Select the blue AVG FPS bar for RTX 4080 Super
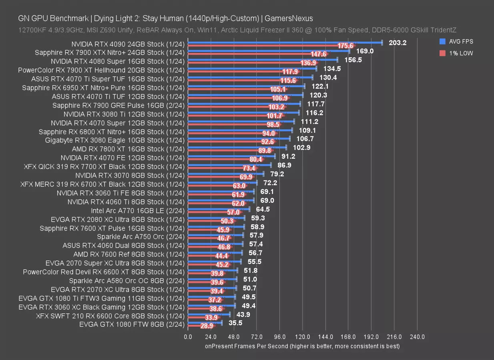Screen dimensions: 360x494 click(263, 60)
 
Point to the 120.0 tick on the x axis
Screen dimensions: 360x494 click(302, 337)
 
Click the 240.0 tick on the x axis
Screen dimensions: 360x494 click(417, 337)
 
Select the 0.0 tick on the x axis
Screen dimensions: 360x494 click(188, 337)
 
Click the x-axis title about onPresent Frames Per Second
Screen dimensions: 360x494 click(302, 346)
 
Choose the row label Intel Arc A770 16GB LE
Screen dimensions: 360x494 click(138, 210)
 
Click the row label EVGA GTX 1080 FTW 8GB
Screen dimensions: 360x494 click(132, 325)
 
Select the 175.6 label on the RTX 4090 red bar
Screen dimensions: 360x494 click(345, 46)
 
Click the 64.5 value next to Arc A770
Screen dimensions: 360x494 click(263, 209)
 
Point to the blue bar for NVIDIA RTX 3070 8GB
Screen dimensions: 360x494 click(226, 174)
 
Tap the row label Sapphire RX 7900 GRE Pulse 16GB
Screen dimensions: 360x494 click(118, 105)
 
